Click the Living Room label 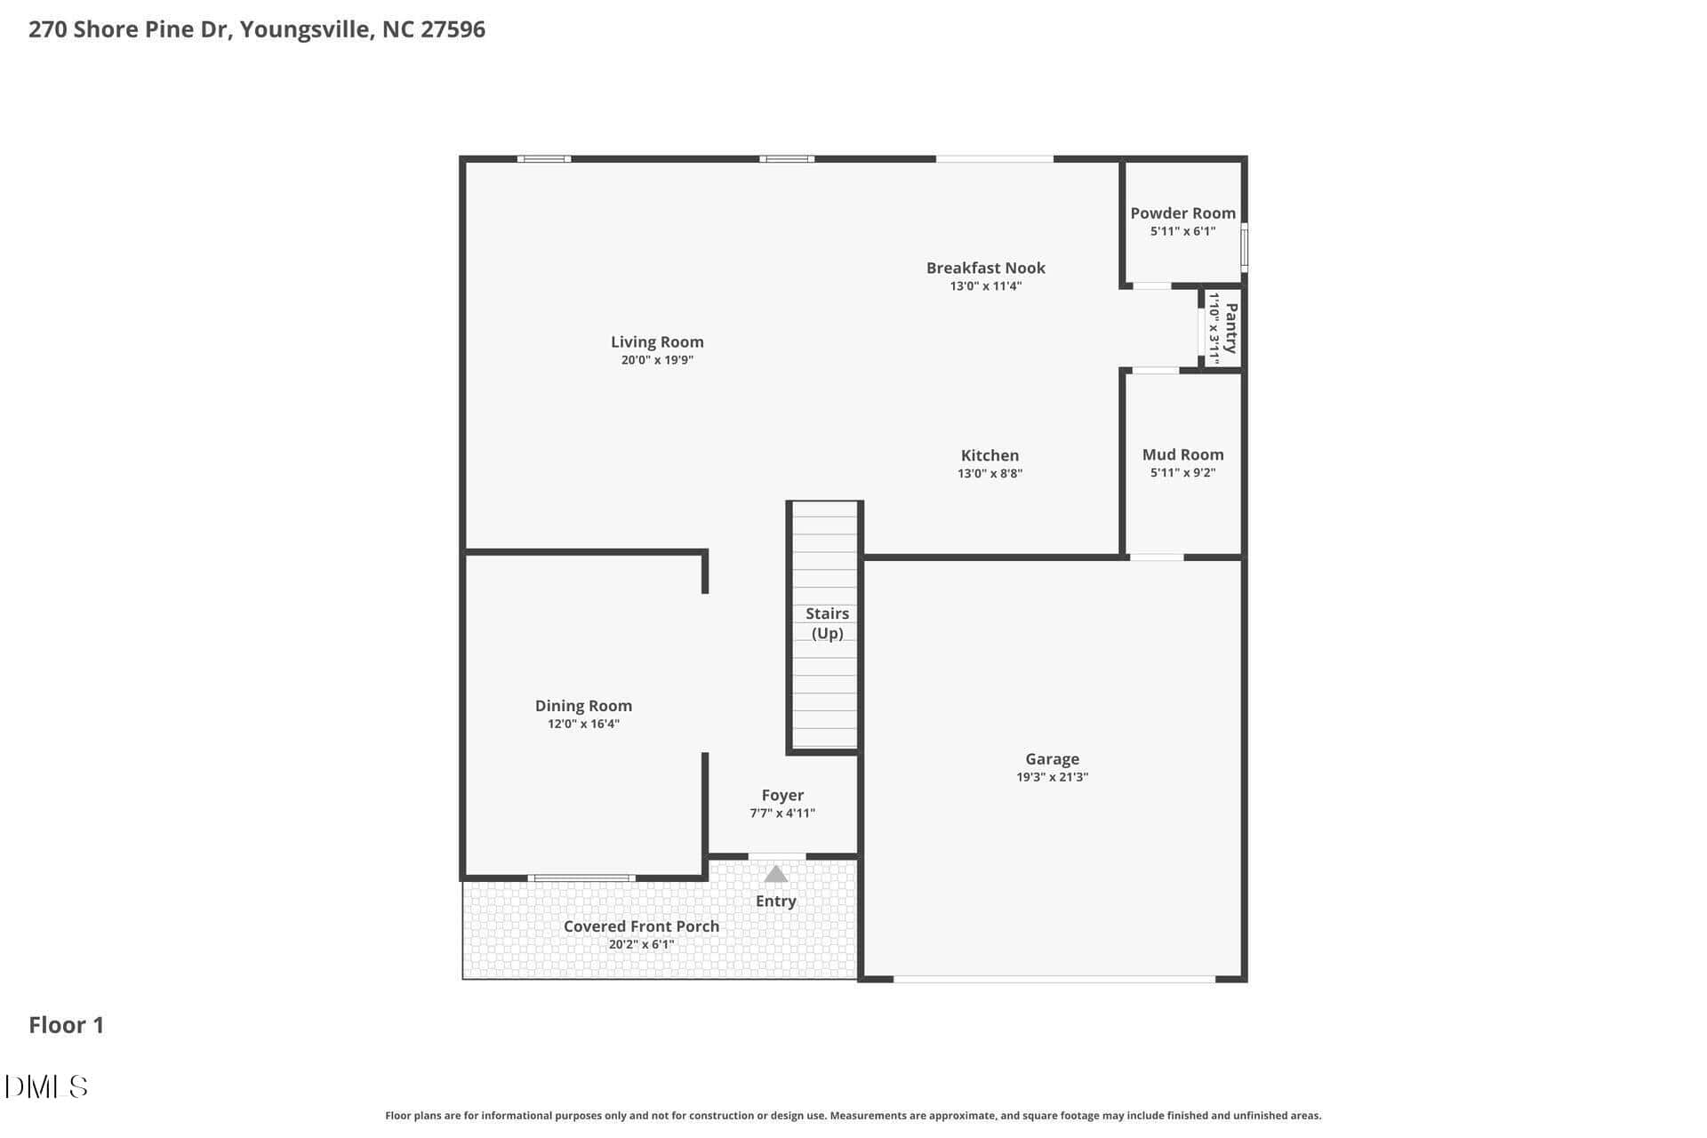[657, 342]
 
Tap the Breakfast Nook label [985, 268]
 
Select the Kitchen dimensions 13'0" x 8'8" [990, 474]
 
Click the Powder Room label [1182, 213]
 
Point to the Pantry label [1231, 328]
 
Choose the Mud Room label [1182, 454]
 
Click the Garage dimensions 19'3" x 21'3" [1052, 777]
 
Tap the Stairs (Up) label [827, 623]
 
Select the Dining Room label [583, 706]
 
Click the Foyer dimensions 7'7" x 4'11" [782, 813]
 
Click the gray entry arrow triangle [776, 874]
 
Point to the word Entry [775, 902]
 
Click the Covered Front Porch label [641, 926]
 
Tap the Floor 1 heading [67, 1025]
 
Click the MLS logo [46, 1086]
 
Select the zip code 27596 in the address [453, 29]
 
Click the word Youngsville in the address [306, 30]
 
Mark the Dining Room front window [581, 878]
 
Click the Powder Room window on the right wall [1245, 247]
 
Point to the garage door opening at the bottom [1054, 979]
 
